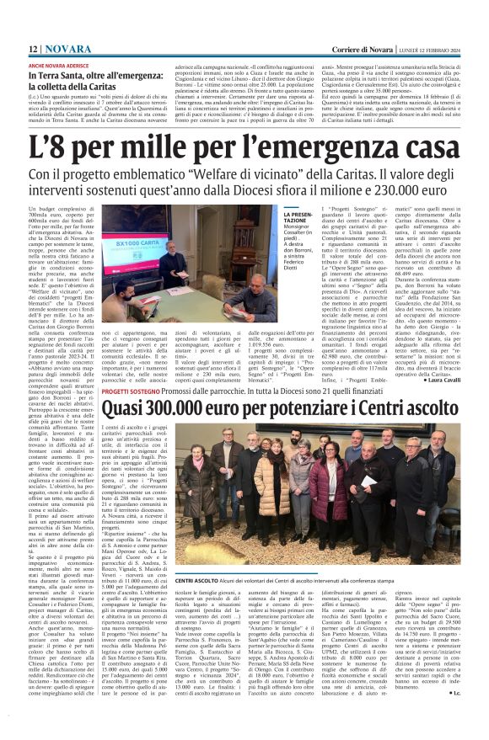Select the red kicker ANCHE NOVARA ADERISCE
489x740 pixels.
(61, 65)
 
